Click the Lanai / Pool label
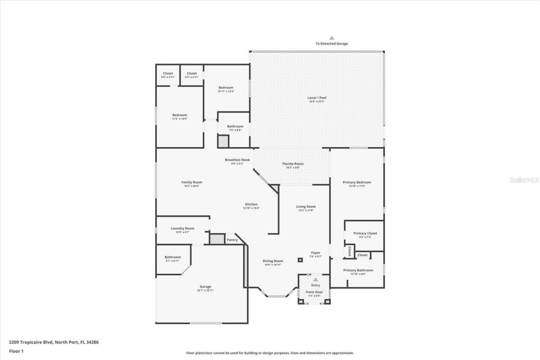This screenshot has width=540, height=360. (316, 98)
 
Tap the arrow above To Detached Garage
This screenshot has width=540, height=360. (332, 38)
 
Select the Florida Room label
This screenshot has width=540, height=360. (292, 164)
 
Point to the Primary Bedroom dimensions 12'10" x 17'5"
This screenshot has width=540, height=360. (357, 186)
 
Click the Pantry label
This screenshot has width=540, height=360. (232, 240)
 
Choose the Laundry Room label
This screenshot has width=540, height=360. (182, 228)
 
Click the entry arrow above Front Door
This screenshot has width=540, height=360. (316, 279)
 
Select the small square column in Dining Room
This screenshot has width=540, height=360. (300, 260)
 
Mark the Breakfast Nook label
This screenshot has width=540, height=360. (237, 160)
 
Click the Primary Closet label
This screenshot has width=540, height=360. (365, 233)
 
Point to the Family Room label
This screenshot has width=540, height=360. (192, 182)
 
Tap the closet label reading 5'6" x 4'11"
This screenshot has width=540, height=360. (168, 77)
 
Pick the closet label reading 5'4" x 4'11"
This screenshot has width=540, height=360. (192, 77)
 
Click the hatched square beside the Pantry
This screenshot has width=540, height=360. (217, 239)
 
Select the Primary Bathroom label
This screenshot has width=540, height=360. (358, 270)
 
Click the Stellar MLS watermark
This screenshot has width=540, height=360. (524, 180)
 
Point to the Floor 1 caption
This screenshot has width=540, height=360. (16, 351)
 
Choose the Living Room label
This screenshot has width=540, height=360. (305, 206)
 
